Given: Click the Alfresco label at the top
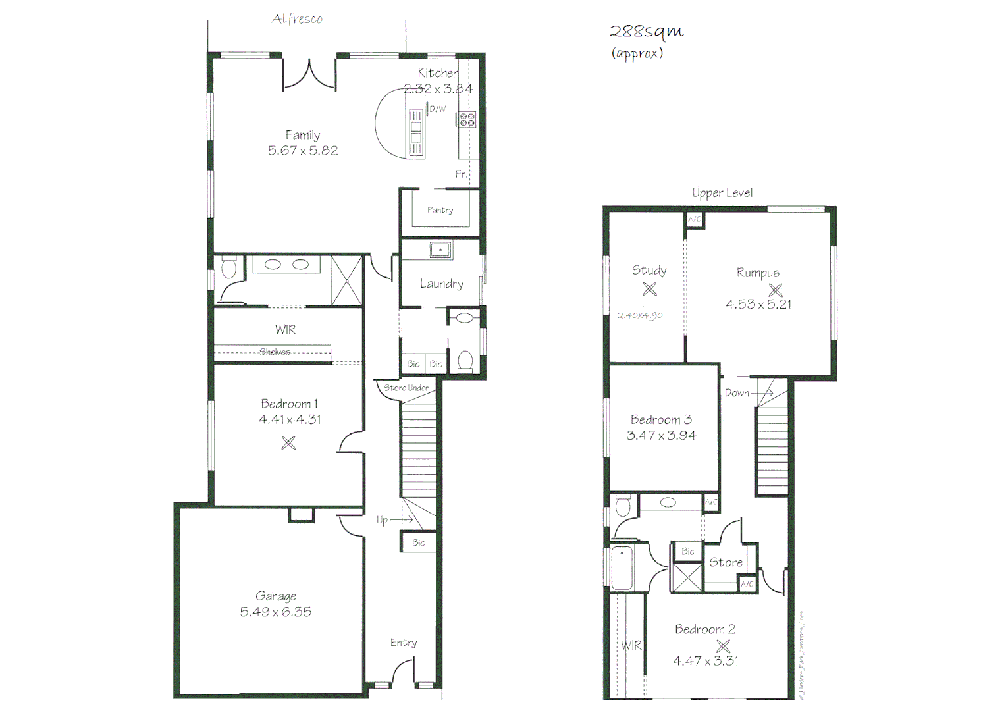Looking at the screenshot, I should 297,19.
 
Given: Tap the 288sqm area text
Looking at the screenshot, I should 646,31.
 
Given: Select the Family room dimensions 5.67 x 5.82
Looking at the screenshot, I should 303,151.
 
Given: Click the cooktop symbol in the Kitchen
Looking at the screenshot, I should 467,120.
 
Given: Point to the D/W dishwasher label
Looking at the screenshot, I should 438,109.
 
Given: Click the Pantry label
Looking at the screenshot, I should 440,210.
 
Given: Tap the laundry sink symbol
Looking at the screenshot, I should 440,250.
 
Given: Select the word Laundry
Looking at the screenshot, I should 442,284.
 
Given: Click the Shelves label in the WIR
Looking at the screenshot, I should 275,352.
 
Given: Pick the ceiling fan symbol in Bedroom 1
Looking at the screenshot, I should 288,443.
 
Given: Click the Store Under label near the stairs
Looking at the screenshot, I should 406,388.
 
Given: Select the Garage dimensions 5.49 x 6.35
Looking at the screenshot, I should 275,612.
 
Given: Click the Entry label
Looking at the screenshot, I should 403,643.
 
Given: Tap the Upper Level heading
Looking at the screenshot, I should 722,192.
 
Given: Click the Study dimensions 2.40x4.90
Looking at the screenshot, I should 639,315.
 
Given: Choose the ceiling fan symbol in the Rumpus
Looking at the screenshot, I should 776,290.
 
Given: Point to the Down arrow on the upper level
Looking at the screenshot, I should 762,393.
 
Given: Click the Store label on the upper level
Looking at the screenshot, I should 726,562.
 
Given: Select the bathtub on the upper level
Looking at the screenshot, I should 622,568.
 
